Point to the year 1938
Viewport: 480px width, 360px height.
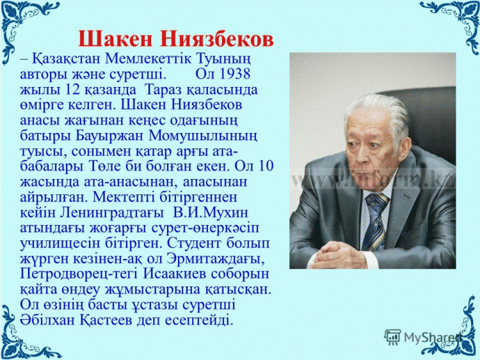[x=235, y=74]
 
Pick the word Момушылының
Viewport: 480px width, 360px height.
[x=203, y=136]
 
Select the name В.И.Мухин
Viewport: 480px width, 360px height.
[x=211, y=212]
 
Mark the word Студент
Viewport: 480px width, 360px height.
[x=194, y=244]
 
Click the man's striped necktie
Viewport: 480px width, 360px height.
[x=374, y=221]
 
